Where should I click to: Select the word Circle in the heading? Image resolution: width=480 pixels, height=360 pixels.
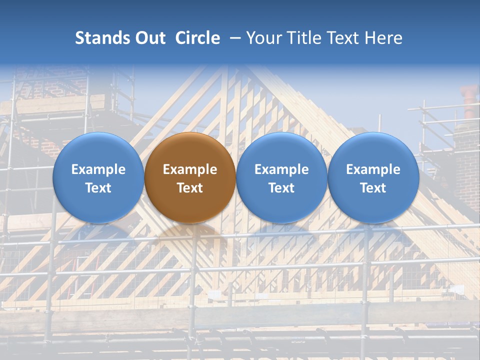click(197, 38)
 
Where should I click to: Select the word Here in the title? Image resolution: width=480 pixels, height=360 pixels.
click(385, 38)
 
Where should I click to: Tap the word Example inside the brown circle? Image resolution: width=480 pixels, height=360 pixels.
click(190, 169)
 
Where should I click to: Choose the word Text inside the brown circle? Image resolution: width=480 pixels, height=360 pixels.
click(190, 188)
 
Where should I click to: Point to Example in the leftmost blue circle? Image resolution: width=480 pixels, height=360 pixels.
click(98, 169)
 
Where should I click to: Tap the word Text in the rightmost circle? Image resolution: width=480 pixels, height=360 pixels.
click(373, 188)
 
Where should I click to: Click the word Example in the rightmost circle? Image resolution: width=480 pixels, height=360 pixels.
click(373, 169)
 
